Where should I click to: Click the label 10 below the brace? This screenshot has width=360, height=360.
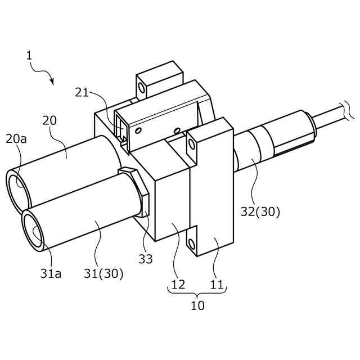(197, 306)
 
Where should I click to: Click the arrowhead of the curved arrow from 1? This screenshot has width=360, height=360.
(53, 82)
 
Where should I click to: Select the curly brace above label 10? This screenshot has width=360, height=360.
(197, 291)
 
